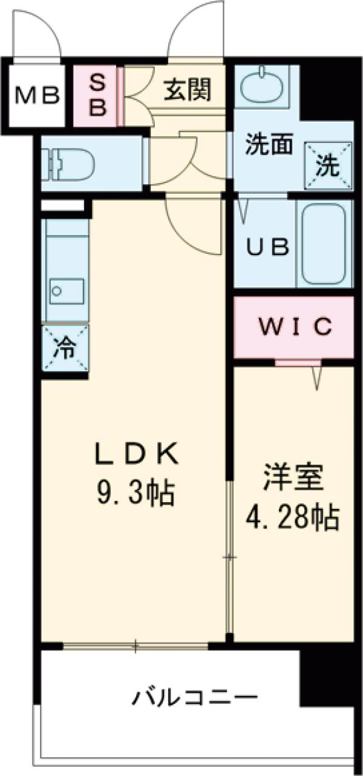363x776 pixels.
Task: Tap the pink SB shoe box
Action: tap(98, 95)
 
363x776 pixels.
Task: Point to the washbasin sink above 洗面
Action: tap(262, 89)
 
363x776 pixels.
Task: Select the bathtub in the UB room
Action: tap(324, 243)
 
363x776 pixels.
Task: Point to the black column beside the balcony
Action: tap(327, 678)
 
